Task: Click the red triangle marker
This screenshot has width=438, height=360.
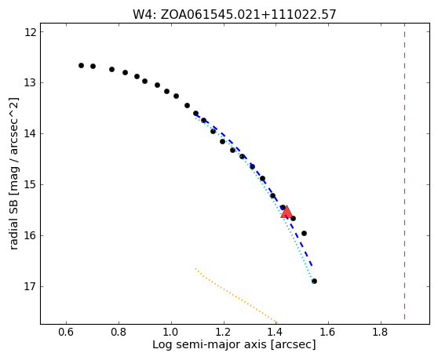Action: point(287,212)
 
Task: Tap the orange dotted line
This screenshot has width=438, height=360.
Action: point(236,296)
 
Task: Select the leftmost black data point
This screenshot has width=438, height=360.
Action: point(81,65)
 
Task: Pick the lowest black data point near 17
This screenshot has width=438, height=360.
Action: point(314,281)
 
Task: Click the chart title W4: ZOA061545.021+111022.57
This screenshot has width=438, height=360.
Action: point(234,15)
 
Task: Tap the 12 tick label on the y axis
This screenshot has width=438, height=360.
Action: point(30,32)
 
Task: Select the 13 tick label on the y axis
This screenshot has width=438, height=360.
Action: point(30,83)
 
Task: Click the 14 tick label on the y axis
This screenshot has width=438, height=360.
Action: point(30,134)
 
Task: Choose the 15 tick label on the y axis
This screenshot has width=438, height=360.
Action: point(30,185)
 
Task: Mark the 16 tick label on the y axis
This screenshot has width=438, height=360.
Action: point(30,236)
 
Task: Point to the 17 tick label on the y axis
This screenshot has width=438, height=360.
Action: point(30,286)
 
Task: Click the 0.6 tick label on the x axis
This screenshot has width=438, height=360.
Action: point(66,332)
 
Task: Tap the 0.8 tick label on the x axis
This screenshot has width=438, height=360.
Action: point(119,332)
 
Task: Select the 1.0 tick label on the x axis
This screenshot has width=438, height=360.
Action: point(171,332)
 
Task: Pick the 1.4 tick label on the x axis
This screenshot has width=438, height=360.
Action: point(276,332)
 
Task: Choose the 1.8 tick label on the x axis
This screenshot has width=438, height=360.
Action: point(381,332)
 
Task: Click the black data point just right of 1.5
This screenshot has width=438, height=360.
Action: point(305,233)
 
